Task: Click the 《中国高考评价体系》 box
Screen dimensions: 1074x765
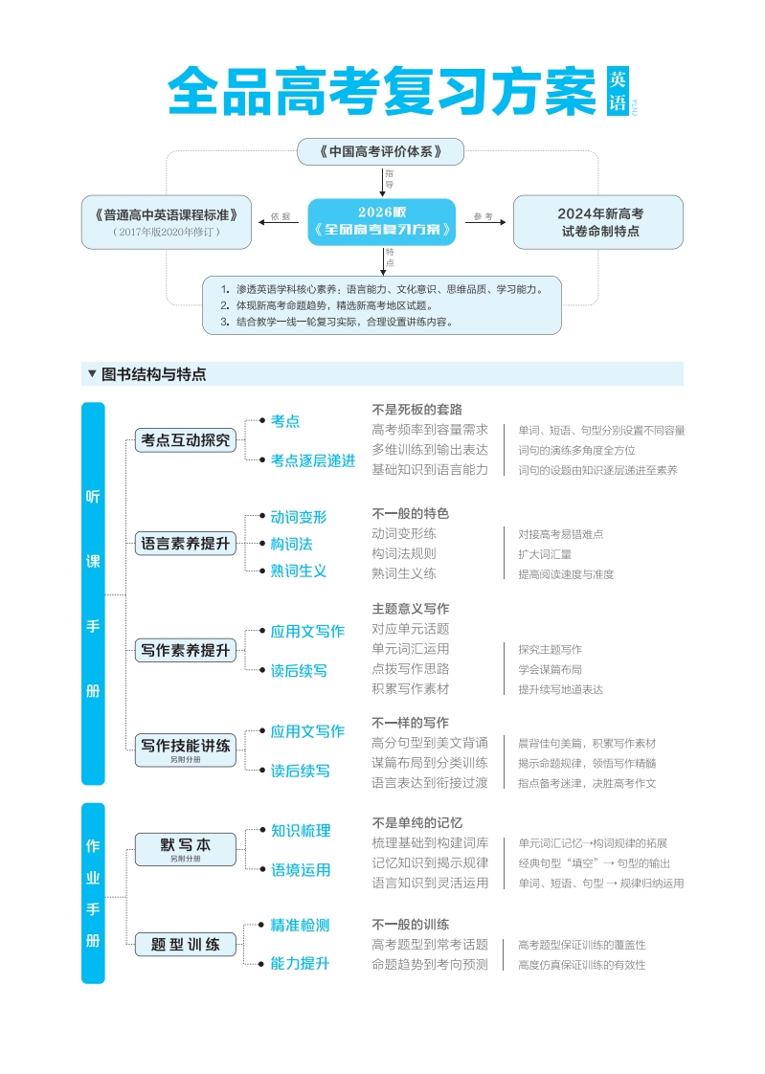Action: [380, 151]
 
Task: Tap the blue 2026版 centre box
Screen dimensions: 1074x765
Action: [381, 221]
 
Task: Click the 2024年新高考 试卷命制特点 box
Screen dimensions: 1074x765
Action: [599, 222]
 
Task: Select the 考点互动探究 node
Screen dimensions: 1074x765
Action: [185, 440]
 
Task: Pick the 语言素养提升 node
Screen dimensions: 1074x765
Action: [185, 544]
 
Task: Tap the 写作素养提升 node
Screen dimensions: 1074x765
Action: [185, 650]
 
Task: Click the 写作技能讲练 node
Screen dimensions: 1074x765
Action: [185, 748]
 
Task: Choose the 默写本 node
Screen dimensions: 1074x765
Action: [185, 847]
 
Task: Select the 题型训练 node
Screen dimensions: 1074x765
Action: [185, 945]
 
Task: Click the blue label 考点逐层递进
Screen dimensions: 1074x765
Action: [312, 460]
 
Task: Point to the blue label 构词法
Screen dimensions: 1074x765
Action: [291, 544]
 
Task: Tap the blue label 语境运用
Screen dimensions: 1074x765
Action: [301, 870]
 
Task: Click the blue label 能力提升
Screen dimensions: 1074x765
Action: [300, 963]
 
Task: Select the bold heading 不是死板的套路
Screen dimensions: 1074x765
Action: [416, 409]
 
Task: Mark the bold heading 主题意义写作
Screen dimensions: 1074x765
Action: [410, 608]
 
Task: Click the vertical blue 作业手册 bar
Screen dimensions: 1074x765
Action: [93, 893]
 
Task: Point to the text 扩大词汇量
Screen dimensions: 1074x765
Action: [545, 554]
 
